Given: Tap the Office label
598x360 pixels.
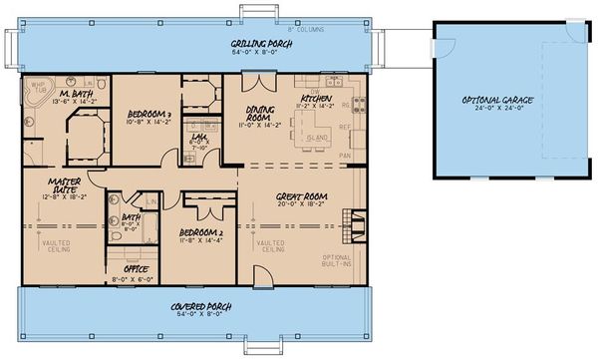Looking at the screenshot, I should click(x=136, y=269).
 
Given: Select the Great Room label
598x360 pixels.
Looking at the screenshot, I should click(x=296, y=197).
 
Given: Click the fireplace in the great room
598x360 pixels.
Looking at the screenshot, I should click(x=347, y=220).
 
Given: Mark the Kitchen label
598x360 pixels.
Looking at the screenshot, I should click(x=316, y=99).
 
